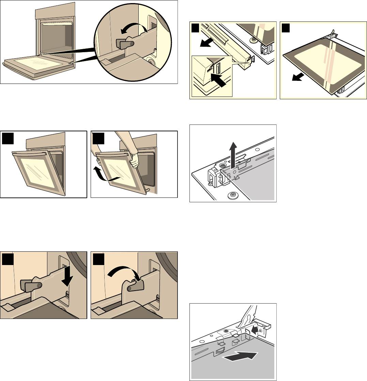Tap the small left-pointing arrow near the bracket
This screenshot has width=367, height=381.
[255, 329]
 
